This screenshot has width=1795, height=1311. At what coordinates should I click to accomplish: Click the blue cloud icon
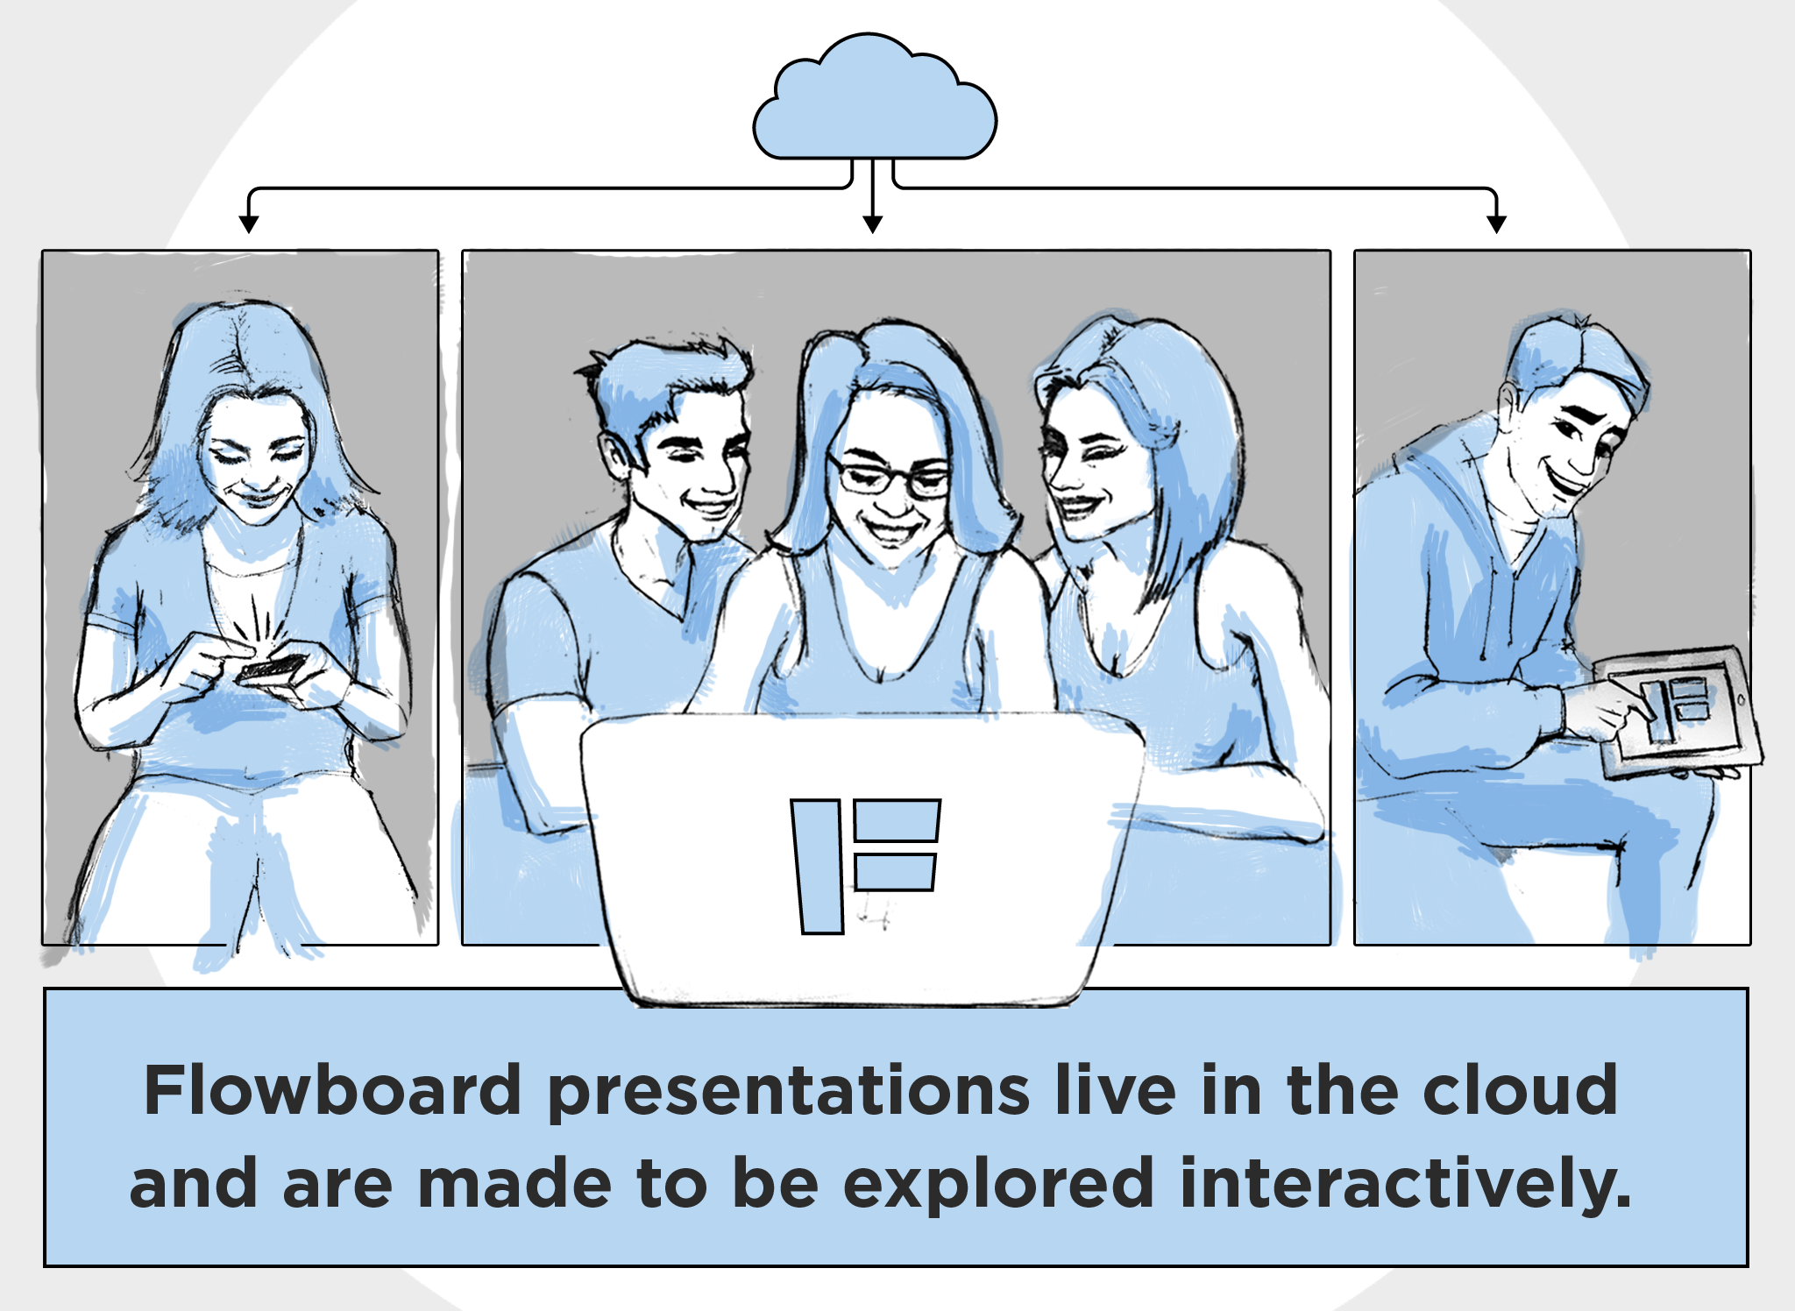click(x=875, y=98)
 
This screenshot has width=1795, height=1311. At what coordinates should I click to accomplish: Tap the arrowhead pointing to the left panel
click(x=249, y=223)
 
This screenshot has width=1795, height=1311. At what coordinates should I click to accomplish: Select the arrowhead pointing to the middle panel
click(x=872, y=223)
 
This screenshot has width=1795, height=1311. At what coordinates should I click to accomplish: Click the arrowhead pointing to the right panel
click(x=1497, y=223)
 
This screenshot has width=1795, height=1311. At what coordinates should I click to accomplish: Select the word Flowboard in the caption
click(x=333, y=1090)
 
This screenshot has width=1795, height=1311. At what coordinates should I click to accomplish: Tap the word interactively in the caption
click(x=1406, y=1185)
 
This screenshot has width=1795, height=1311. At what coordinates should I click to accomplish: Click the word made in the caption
click(x=514, y=1183)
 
